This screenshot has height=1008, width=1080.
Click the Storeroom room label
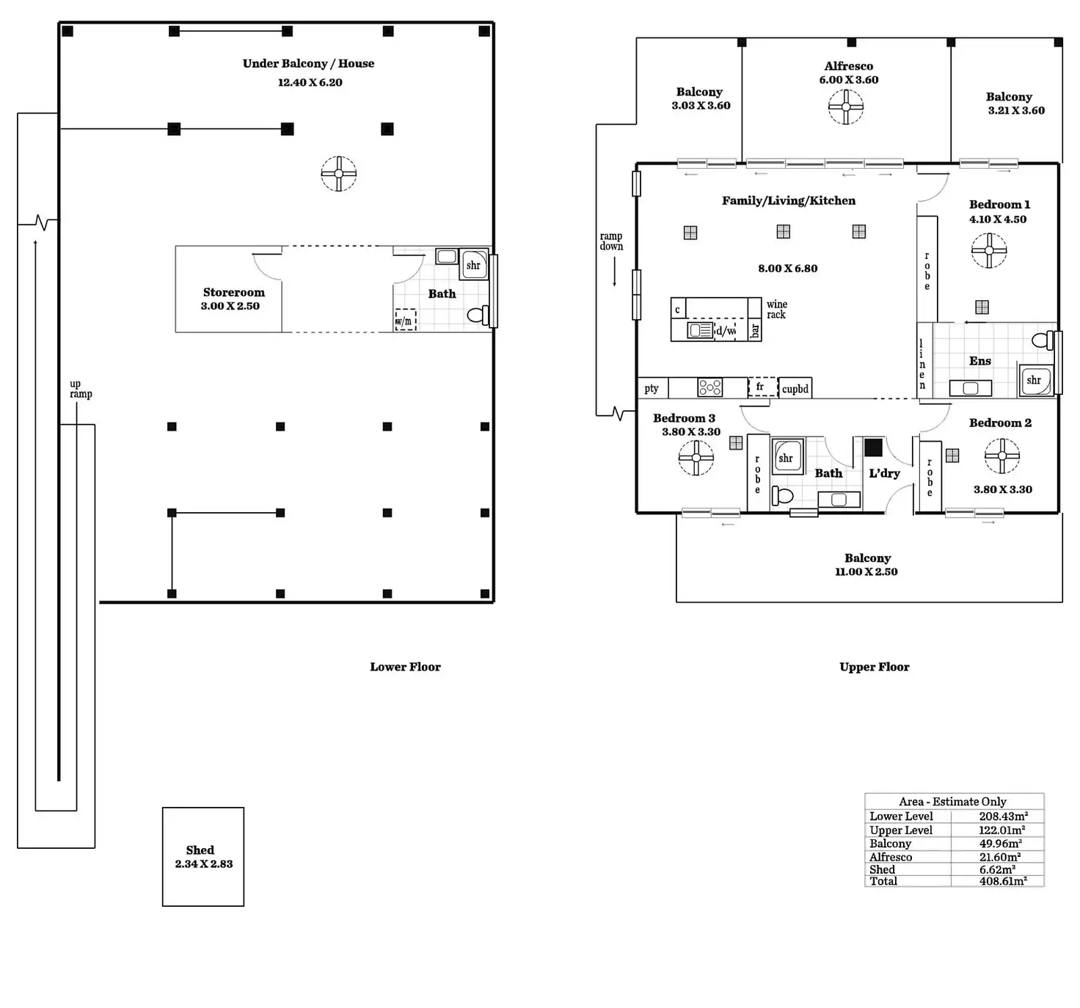[x=234, y=292]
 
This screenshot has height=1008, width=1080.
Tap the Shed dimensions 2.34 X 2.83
[x=204, y=864]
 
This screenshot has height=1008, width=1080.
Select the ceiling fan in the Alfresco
[x=846, y=106]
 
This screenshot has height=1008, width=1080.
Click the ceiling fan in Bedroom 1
[x=988, y=250]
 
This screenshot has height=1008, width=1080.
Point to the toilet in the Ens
[x=1042, y=340]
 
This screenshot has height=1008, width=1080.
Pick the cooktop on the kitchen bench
[x=710, y=387]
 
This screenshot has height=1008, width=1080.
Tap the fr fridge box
[x=762, y=387]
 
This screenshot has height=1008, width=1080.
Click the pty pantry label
[x=651, y=388]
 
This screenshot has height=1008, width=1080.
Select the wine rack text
[x=776, y=309]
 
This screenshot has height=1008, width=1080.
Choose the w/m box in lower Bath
[x=405, y=320]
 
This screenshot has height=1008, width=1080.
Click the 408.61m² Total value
[x=1003, y=880]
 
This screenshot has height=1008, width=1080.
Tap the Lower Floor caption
[x=405, y=666]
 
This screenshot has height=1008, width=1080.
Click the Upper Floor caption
[x=874, y=666]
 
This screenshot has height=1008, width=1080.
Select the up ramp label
[x=81, y=388]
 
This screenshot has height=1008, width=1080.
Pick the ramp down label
[x=611, y=241]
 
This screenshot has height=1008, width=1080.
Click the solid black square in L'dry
[x=873, y=448]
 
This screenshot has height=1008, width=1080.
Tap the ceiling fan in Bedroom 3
[x=696, y=458]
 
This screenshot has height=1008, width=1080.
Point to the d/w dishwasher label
[x=726, y=330]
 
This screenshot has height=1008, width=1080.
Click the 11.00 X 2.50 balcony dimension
[x=866, y=571]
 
